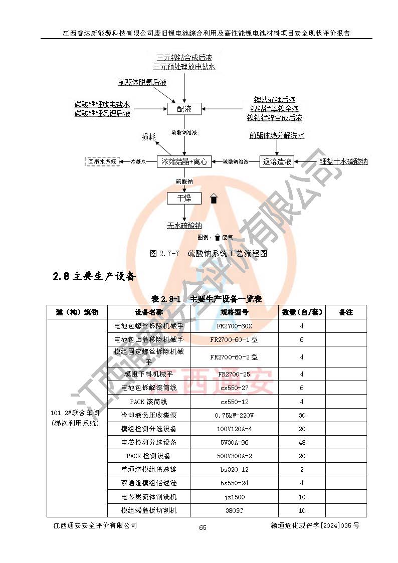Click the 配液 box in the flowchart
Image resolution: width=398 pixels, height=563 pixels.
point(184,109)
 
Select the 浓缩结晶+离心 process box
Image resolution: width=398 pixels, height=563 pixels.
point(184,161)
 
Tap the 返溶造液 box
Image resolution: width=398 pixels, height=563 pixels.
point(277,161)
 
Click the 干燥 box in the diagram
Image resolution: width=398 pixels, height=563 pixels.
point(184,198)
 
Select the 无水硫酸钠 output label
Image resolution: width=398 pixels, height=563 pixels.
point(184,226)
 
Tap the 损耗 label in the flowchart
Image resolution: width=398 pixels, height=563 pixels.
point(149,137)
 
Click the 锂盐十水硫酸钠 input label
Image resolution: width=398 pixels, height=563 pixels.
point(344,161)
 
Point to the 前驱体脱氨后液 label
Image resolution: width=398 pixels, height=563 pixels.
point(142,82)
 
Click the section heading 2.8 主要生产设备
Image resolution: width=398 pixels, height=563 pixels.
point(94,276)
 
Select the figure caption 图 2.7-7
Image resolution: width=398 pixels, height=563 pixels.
point(208,253)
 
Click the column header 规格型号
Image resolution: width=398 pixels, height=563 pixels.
point(234,312)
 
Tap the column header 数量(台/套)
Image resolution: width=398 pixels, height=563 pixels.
point(302,312)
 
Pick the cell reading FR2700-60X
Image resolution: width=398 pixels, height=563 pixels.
point(234,326)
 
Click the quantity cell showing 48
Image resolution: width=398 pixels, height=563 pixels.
point(302,442)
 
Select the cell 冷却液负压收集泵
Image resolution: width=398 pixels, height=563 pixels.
point(149,415)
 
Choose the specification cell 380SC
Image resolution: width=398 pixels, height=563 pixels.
point(234,510)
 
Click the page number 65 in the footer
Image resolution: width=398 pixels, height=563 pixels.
point(203,527)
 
